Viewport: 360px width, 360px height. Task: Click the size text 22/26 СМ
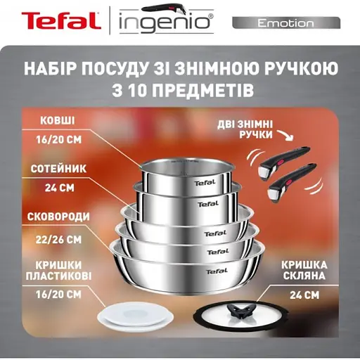tap(58, 238)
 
